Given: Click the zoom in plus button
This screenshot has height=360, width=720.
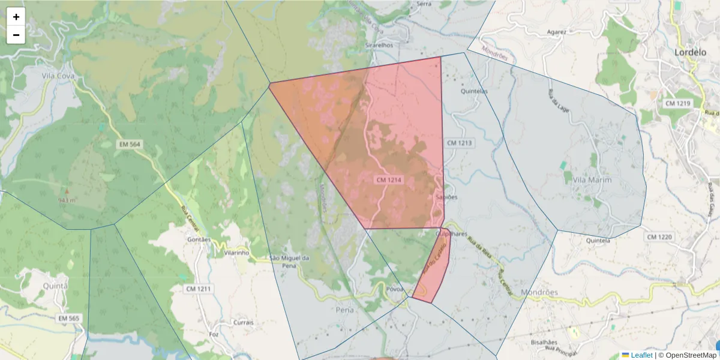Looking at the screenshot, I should point(16,17).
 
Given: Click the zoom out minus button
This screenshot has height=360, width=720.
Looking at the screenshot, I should point(16,35).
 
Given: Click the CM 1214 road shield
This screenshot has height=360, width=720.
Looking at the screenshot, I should point(389,180).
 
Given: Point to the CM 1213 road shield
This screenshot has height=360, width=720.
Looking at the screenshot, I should point(460,143).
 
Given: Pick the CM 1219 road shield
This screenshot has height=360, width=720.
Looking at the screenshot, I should point(678,104).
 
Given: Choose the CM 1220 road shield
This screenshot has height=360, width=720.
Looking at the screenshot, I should point(659,237).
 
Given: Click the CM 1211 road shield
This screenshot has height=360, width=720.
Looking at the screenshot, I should point(199,289).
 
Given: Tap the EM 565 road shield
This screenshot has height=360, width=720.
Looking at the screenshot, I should point(69,318).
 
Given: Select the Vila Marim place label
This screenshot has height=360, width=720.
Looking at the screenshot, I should point(592,180).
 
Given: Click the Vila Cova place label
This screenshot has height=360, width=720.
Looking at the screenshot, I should point(58,76).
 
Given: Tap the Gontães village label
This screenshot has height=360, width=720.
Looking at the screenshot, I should point(199,239).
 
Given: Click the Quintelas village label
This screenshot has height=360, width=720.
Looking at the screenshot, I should point(473,92).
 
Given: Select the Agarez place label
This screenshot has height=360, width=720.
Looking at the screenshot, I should point(556,32).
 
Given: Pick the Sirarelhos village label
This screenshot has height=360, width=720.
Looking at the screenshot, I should point(379,45).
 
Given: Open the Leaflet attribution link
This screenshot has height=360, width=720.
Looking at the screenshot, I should point(641,355).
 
